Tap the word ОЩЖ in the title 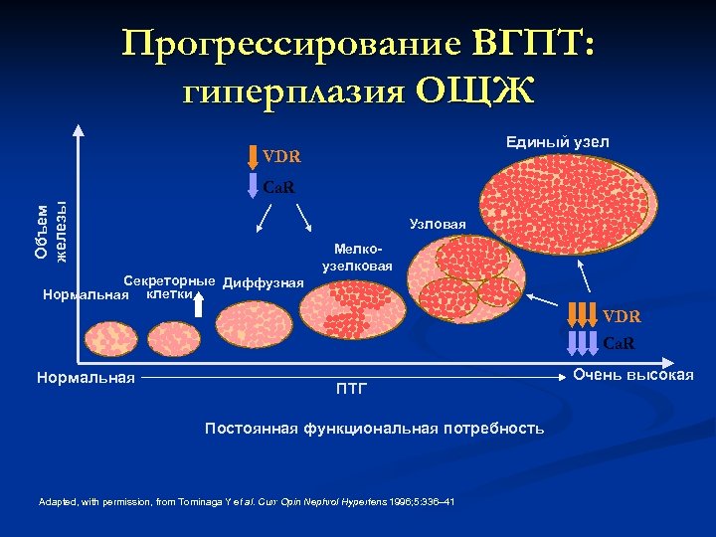tap(473, 90)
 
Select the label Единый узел tap(557, 143)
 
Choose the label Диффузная tap(264, 282)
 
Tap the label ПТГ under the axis tap(350, 388)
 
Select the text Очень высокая tap(633, 374)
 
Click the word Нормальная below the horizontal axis tap(85, 377)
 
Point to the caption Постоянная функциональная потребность tap(374, 428)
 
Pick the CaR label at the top tap(279, 186)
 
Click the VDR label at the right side tap(622, 316)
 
